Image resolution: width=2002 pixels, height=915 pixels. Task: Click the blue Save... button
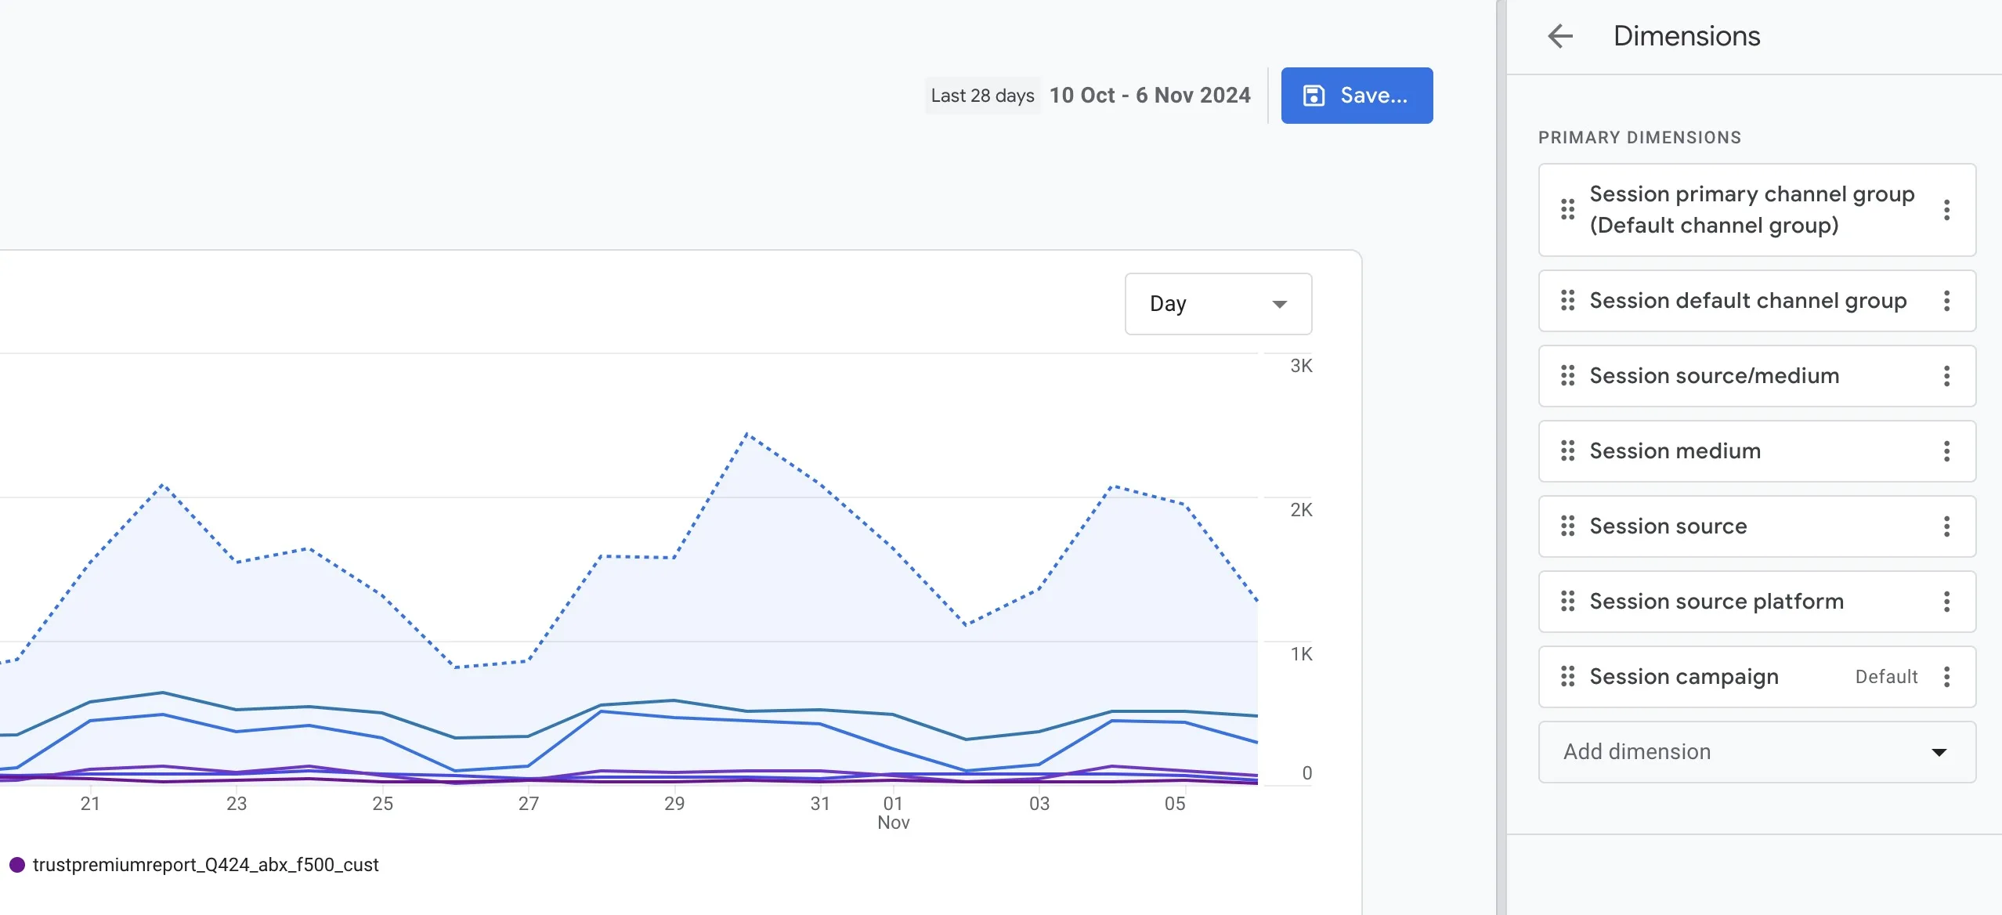(1357, 96)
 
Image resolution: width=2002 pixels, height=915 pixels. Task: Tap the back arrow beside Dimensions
(1560, 36)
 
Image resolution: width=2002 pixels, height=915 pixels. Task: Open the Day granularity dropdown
(1218, 304)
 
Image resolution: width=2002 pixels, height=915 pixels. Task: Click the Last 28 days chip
(982, 96)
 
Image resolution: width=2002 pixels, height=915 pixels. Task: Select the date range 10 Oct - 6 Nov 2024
(1150, 96)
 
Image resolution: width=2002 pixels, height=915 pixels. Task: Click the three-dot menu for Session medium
(1946, 451)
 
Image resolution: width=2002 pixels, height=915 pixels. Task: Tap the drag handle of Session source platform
(1567, 602)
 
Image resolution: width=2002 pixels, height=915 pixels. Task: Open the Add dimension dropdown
(1757, 752)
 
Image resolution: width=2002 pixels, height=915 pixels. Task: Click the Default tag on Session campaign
(1886, 677)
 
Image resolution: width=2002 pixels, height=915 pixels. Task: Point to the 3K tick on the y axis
(1301, 366)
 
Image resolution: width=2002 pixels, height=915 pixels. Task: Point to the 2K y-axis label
(1301, 510)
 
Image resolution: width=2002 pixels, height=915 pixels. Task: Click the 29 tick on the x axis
(674, 804)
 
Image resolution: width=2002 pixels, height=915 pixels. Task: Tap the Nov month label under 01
(894, 823)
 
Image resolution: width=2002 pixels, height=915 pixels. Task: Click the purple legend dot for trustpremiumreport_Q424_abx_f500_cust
(17, 865)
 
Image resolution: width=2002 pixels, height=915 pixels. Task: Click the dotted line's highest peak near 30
(747, 433)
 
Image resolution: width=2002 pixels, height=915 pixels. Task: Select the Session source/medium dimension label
(1715, 376)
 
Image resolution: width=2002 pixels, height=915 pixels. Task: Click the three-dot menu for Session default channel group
(1946, 301)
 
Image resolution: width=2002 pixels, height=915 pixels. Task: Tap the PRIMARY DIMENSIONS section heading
(1639, 138)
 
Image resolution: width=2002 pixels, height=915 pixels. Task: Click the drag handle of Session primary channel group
(1567, 210)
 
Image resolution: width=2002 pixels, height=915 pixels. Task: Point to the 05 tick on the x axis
(1175, 804)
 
